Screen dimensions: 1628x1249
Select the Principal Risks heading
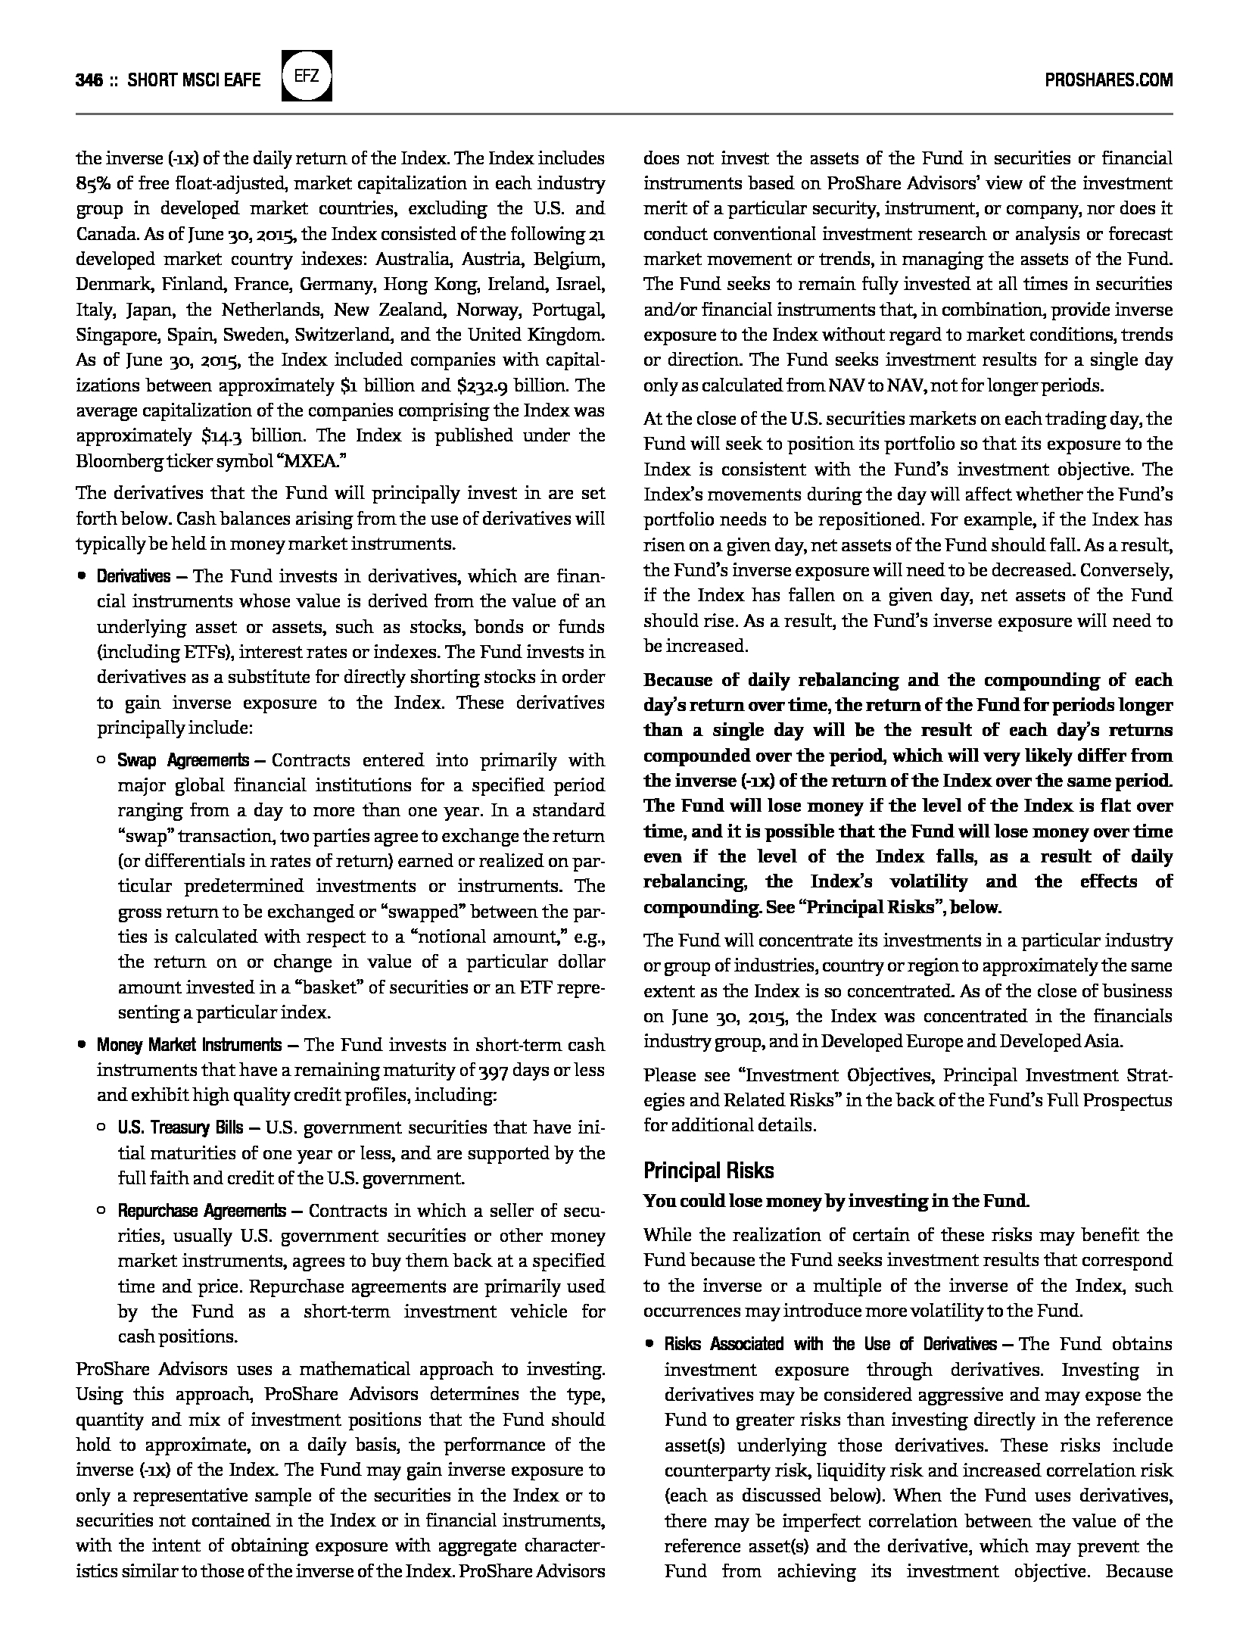coord(709,1171)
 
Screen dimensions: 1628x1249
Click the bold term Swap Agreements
coord(182,760)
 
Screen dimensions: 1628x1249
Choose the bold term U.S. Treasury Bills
coord(180,1128)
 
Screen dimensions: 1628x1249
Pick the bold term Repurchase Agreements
coord(201,1211)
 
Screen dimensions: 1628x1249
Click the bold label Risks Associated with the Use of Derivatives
coord(830,1344)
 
